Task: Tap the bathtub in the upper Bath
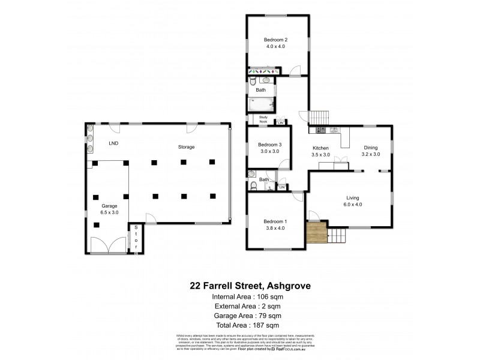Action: tap(261, 105)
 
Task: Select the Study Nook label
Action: tap(263, 121)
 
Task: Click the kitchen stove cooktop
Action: tap(319, 130)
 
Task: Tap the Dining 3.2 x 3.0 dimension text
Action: tap(370, 154)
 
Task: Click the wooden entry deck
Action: tap(316, 232)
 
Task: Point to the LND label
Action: tap(113, 144)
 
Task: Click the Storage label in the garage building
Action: tap(186, 147)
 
